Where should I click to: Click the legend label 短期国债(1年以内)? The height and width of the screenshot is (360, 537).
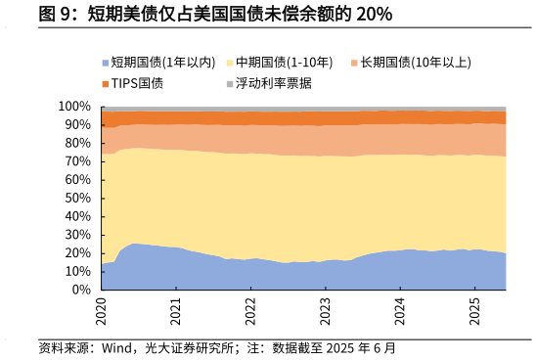(162, 63)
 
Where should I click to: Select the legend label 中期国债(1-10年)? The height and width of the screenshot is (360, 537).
(285, 63)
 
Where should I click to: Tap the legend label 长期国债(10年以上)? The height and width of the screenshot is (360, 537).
(415, 63)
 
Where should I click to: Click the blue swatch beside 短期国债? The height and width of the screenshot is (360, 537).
(106, 63)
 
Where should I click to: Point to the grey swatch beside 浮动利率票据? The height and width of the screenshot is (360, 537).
(230, 83)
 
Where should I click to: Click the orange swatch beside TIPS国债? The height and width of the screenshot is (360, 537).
(106, 83)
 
